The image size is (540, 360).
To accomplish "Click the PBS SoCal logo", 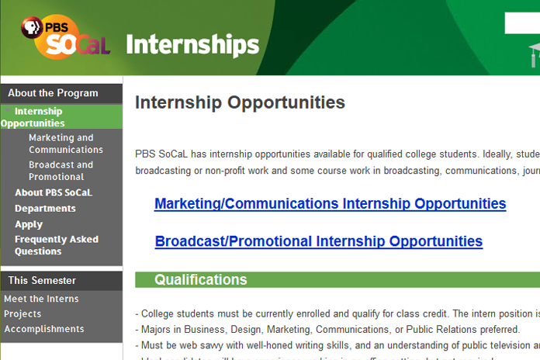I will [64, 36].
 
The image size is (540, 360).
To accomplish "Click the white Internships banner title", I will [192, 44].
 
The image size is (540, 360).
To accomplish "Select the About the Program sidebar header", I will [53, 93].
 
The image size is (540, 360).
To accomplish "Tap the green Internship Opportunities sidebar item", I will [34, 117].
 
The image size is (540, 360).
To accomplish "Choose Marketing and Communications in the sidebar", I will [66, 144].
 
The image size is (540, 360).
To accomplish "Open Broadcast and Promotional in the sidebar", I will [61, 171].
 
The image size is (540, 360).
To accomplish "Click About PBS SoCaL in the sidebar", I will [53, 192].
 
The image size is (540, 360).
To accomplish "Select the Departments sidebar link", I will [45, 209].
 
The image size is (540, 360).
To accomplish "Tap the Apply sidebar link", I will [29, 224].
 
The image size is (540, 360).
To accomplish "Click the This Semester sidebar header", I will [42, 280].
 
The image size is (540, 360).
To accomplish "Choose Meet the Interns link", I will [41, 299].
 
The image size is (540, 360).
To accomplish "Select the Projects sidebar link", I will [22, 314].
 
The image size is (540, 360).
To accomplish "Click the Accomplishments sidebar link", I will [43, 329].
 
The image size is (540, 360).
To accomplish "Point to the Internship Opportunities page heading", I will [240, 102].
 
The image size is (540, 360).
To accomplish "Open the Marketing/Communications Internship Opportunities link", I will [330, 204].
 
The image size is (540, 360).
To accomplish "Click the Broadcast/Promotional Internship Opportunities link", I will [318, 241].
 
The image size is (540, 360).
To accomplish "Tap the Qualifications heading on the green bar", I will [200, 280].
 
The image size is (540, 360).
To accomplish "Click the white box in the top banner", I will [522, 23].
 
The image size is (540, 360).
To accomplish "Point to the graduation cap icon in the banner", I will [534, 54].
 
